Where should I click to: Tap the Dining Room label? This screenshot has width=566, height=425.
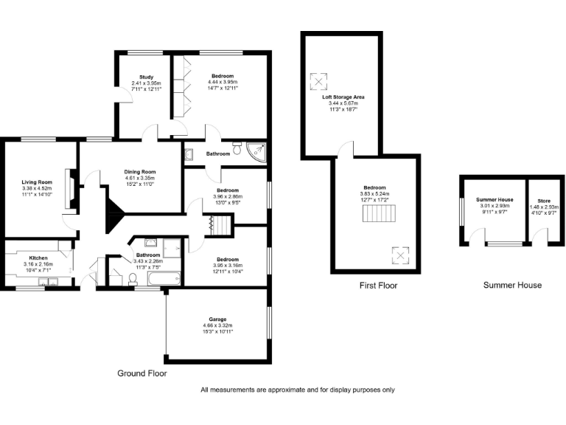[139, 172]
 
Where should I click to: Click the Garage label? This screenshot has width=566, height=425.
[217, 319]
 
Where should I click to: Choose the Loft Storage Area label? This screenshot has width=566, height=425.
[343, 97]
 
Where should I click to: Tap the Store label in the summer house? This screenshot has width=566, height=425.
[543, 201]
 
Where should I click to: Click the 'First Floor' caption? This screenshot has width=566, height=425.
[379, 285]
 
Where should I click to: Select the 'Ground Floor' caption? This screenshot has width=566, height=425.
[142, 373]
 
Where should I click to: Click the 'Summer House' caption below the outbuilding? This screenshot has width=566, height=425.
[512, 285]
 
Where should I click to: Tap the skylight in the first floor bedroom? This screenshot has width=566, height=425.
[399, 256]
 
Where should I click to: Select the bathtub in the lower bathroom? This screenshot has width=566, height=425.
[162, 279]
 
